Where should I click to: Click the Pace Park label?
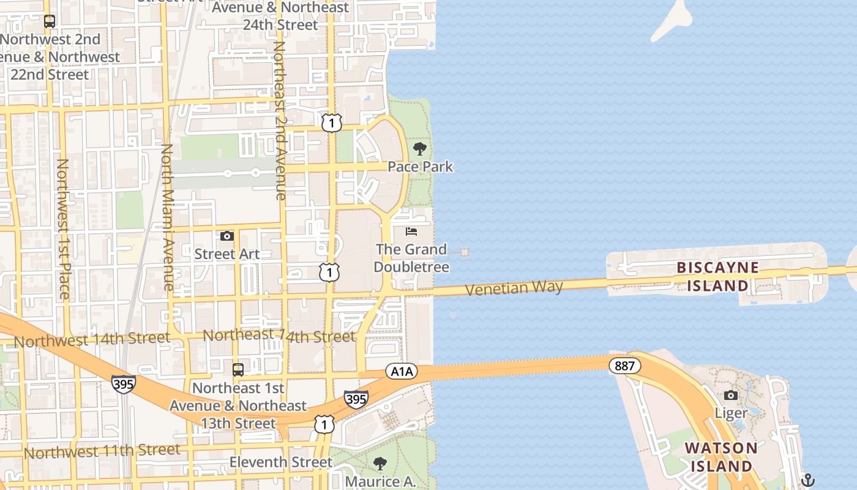[421, 167]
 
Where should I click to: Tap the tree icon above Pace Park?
[420, 149]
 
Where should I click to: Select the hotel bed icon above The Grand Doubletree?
[411, 232]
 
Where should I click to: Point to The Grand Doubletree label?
[411, 258]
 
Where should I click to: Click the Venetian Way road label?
[514, 287]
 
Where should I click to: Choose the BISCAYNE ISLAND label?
[717, 277]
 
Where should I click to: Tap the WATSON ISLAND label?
[721, 457]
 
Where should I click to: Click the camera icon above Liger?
[731, 395]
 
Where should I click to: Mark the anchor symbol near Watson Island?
[808, 480]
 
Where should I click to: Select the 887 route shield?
[624, 366]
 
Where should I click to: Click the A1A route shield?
[401, 371]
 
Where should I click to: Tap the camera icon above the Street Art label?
[227, 236]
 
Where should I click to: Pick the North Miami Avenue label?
[167, 217]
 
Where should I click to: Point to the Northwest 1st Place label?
[62, 228]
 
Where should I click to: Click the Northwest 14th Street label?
[92, 339]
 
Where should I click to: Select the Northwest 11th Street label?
[102, 451]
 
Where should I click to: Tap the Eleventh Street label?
[281, 462]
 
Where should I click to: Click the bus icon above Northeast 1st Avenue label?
[238, 370]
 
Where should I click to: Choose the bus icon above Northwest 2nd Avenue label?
[50, 21]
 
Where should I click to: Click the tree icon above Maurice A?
[380, 463]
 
